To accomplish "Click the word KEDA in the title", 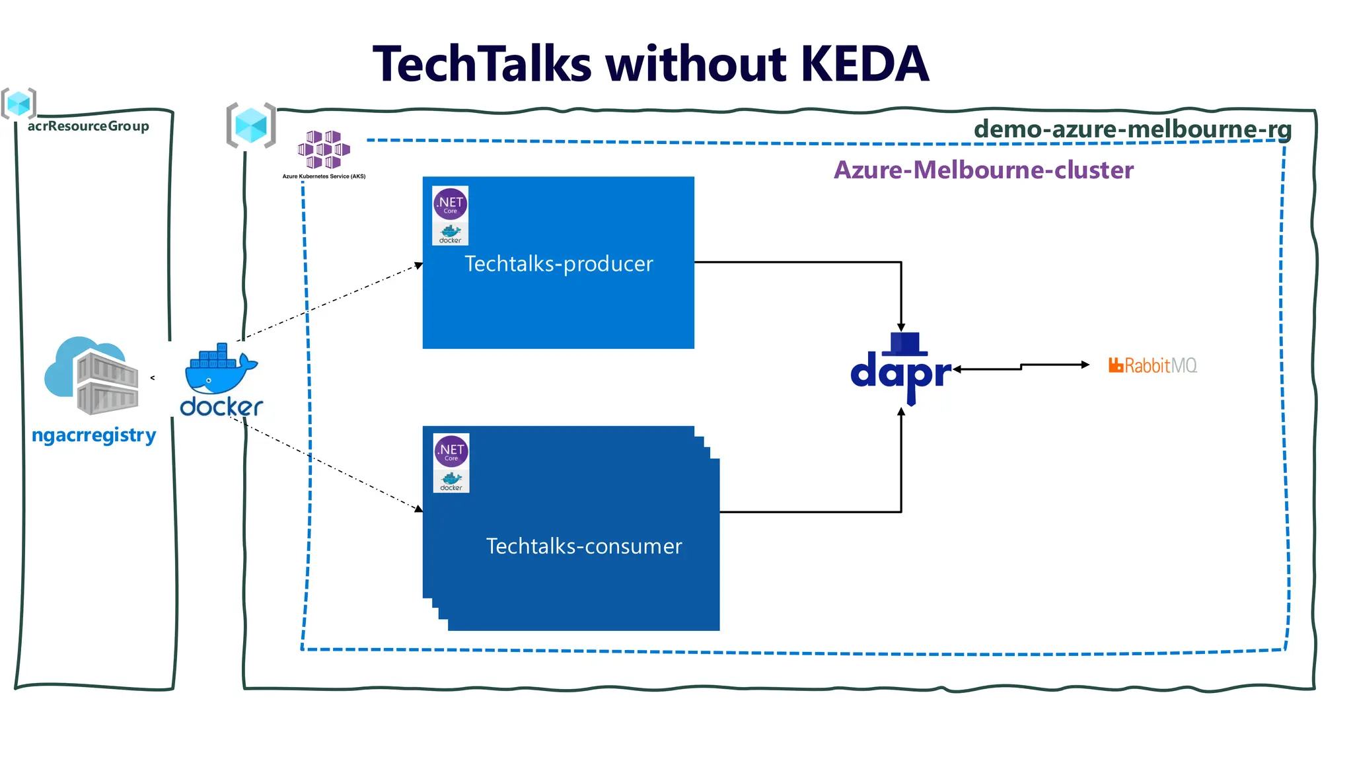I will point(864,64).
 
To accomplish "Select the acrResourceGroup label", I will point(88,126).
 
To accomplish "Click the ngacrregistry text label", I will point(94,435).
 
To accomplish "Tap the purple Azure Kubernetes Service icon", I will point(323,149).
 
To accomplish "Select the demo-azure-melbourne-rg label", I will point(1132,128).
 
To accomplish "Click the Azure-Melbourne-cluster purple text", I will point(983,170).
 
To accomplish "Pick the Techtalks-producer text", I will point(558,264).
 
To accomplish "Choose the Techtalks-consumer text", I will point(584,546).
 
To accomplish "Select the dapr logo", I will point(901,370).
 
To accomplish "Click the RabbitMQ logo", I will point(1152,365).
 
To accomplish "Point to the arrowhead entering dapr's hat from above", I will point(901,327).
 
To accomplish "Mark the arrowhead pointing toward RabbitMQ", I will point(1085,364).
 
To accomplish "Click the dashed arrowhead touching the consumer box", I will point(418,509).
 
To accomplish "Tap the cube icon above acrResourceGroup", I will point(18,103).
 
